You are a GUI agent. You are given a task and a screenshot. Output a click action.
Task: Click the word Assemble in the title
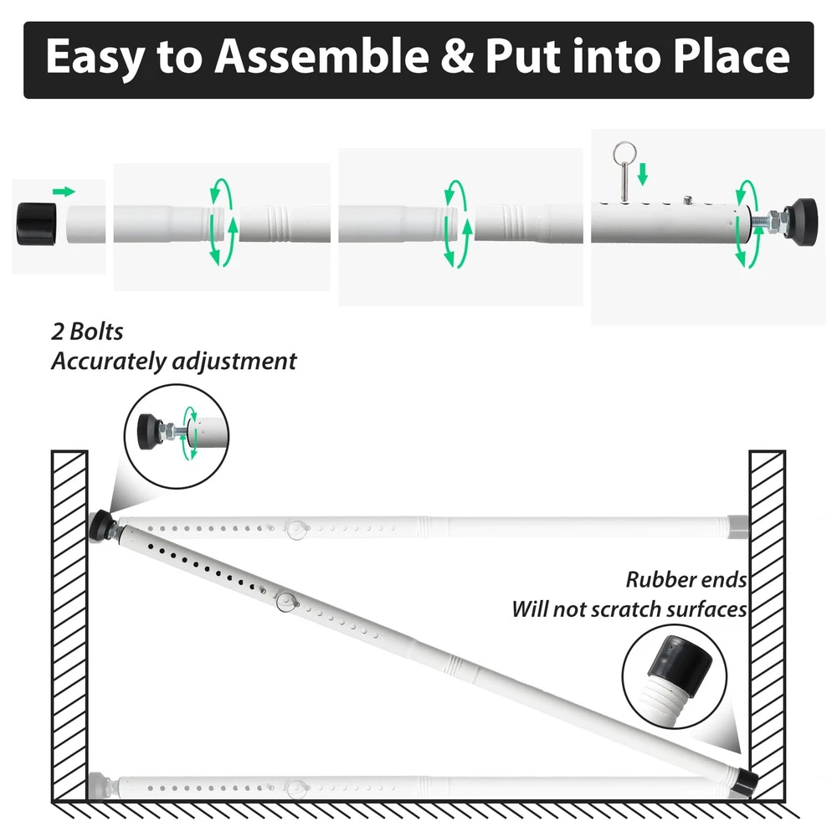(x=322, y=56)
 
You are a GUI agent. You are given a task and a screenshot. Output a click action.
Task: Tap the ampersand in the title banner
(x=457, y=57)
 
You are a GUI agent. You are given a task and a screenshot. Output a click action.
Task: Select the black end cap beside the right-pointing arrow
(x=36, y=223)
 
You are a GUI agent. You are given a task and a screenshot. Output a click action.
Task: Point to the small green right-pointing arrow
(x=64, y=192)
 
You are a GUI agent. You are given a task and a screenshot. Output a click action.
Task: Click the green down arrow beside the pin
(x=643, y=174)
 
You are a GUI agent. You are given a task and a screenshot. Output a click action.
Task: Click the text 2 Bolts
(x=87, y=331)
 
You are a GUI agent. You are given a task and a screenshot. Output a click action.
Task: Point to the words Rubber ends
(x=686, y=580)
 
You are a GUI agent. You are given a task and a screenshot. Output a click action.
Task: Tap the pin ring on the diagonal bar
(x=286, y=602)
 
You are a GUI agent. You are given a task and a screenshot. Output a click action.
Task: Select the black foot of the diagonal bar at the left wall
(x=100, y=526)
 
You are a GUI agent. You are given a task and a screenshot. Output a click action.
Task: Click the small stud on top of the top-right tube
(x=688, y=201)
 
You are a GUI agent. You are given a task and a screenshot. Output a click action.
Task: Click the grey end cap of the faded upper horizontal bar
(x=737, y=526)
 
